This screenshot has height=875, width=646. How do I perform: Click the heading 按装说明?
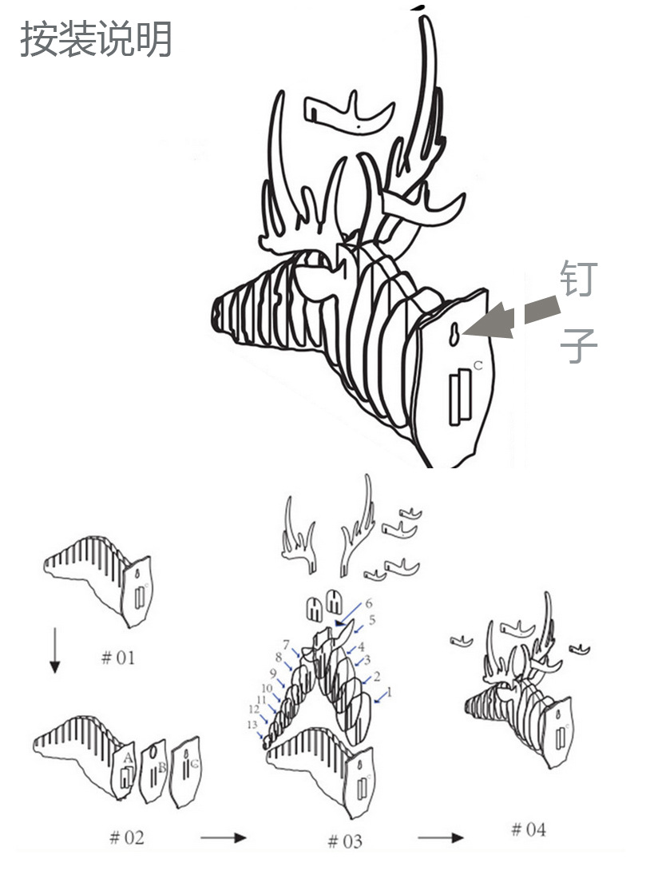(x=95, y=39)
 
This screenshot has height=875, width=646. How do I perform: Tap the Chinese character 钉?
(x=579, y=277)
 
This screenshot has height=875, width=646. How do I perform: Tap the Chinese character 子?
(x=579, y=345)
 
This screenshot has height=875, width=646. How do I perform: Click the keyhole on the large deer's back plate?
(x=455, y=334)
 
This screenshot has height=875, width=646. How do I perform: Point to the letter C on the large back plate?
(x=478, y=365)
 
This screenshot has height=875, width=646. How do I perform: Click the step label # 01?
(x=117, y=658)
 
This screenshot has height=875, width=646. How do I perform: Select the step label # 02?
(x=127, y=837)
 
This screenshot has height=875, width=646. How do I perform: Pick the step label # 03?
(x=345, y=841)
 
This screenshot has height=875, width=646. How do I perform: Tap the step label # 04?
(x=529, y=829)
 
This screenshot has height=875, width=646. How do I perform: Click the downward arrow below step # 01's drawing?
(x=54, y=650)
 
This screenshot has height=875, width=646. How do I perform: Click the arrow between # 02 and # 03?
(x=223, y=837)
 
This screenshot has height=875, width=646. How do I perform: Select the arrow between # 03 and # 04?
(x=441, y=837)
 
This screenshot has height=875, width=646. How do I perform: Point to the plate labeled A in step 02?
(x=124, y=771)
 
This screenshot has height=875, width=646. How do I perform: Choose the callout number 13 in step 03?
(x=252, y=724)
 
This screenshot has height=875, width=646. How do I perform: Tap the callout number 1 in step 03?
(x=390, y=693)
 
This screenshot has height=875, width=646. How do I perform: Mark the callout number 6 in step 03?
(x=369, y=603)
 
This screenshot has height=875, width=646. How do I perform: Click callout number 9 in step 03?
(x=273, y=673)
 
